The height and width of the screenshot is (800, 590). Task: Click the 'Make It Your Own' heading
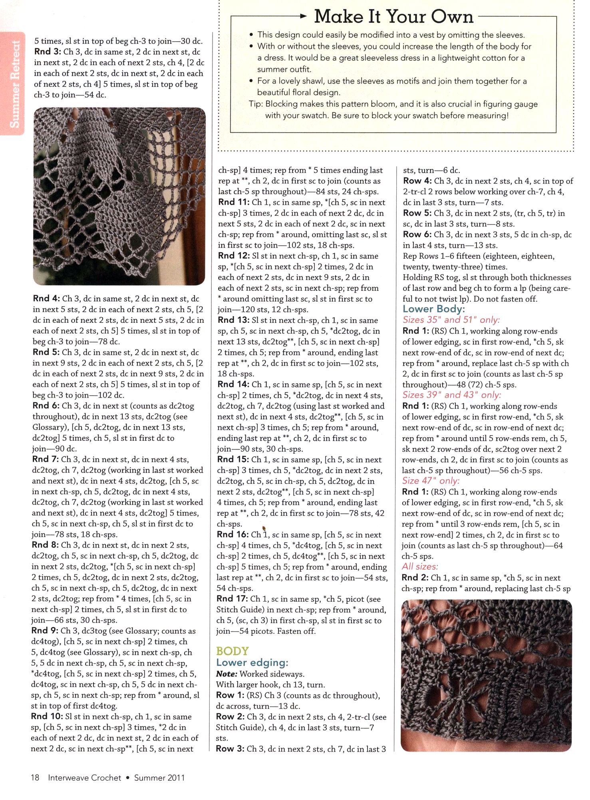(393, 17)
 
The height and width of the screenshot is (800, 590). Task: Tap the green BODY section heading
(232, 651)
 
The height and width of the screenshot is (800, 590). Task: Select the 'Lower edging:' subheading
(252, 663)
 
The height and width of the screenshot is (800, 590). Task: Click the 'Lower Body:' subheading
(434, 309)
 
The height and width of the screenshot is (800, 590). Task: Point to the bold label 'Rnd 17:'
(232, 599)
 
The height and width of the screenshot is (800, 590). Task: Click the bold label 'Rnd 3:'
(48, 52)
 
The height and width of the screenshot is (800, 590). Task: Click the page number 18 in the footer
(35, 778)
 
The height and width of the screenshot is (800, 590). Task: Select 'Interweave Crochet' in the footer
(84, 778)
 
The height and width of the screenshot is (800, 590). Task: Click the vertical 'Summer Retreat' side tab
(14, 84)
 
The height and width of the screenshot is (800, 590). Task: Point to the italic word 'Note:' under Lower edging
(226, 674)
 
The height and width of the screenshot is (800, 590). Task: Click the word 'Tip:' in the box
(256, 104)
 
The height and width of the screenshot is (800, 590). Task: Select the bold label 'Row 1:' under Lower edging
(230, 695)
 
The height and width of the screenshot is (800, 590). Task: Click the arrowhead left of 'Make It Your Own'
(303, 16)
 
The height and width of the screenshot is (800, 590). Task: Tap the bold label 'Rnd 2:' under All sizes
(415, 577)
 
